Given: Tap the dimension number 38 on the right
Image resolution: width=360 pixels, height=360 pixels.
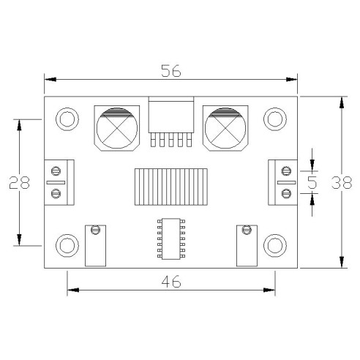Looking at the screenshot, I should (x=340, y=182).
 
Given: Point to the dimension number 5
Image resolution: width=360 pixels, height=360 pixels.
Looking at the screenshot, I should (x=313, y=182).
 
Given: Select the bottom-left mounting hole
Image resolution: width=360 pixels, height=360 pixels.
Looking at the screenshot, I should (x=68, y=246).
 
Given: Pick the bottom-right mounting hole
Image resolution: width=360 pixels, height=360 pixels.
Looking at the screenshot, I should (x=274, y=246).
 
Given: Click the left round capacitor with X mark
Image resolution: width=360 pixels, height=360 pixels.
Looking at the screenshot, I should (x=117, y=129).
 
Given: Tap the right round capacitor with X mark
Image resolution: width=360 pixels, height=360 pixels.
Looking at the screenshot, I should (x=225, y=129).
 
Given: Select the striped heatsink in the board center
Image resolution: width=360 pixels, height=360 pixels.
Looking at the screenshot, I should (x=170, y=186).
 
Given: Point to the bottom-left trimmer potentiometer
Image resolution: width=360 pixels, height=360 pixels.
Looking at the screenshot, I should (x=95, y=245).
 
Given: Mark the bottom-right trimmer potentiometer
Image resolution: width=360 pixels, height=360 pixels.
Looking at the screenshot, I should (x=247, y=245).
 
